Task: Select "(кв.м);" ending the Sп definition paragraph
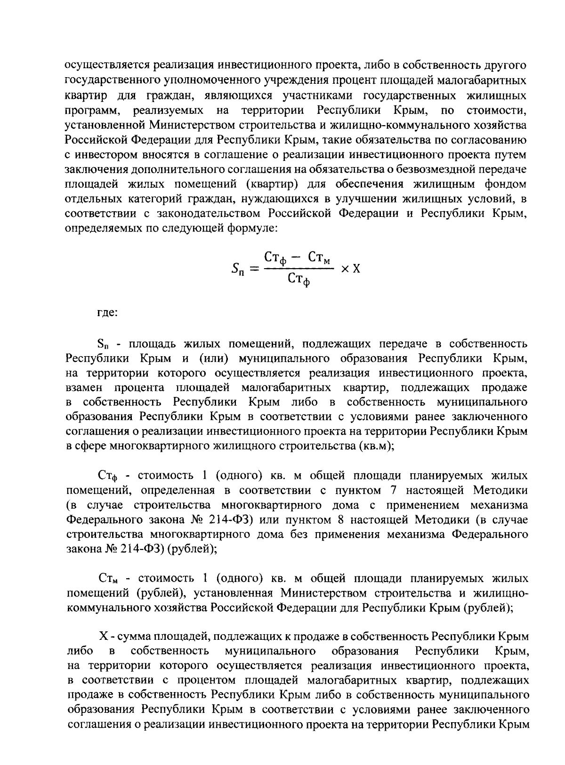pyautogui.click(x=376, y=446)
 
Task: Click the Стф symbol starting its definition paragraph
pyautogui.click(x=106, y=476)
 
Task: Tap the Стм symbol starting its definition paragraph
pyautogui.click(x=107, y=578)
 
